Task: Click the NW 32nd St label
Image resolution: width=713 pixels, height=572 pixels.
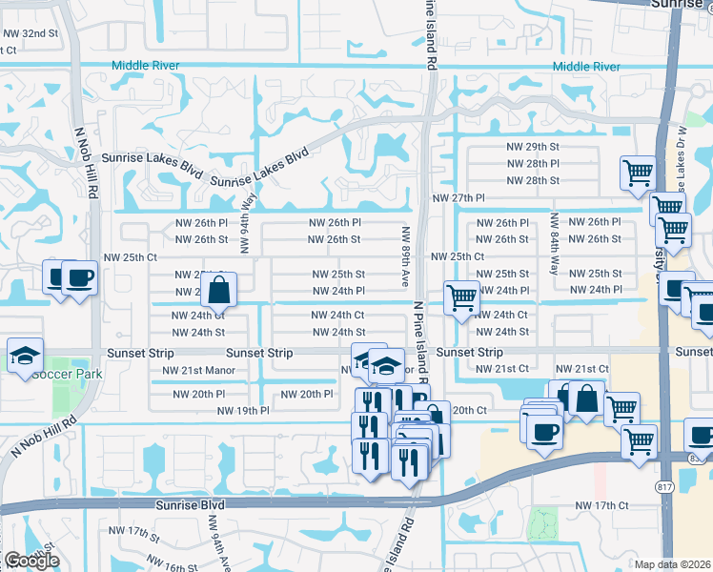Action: click(x=31, y=32)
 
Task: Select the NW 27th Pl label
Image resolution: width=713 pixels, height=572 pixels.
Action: click(x=458, y=197)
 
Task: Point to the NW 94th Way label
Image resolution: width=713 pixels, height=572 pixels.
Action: click(x=246, y=225)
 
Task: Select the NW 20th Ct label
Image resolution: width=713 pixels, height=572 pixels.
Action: click(x=469, y=410)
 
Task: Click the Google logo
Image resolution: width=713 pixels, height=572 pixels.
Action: click(x=31, y=561)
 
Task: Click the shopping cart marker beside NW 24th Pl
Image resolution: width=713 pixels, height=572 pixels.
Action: click(x=462, y=297)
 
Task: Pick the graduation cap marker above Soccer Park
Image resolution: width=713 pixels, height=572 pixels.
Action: click(x=25, y=356)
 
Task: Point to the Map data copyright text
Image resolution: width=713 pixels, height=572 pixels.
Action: click(x=672, y=564)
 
